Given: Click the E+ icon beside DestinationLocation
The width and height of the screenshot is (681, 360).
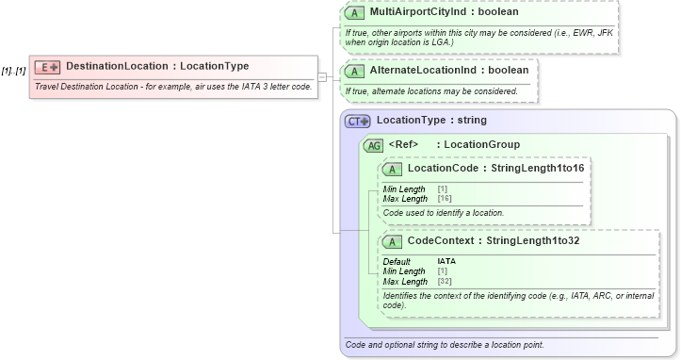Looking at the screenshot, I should pyautogui.click(x=47, y=67).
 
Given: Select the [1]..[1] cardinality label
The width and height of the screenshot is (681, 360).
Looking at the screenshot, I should pyautogui.click(x=14, y=71).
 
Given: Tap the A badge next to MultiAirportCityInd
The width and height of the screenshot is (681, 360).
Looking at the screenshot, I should pyautogui.click(x=354, y=13).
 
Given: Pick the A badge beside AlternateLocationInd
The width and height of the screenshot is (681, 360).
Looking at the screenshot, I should pyautogui.click(x=354, y=71).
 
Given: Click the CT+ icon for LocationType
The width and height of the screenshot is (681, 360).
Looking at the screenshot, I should pyautogui.click(x=358, y=122).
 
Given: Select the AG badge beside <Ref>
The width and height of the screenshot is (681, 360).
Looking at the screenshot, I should pyautogui.click(x=374, y=145).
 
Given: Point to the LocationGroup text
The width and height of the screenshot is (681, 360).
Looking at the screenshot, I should pyautogui.click(x=481, y=145).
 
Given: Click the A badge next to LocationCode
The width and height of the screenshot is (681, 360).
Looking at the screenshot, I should pyautogui.click(x=393, y=168).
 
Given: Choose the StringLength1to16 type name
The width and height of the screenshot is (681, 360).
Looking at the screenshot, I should pyautogui.click(x=539, y=168).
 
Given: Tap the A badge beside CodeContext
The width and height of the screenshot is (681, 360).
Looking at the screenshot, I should pyautogui.click(x=393, y=241).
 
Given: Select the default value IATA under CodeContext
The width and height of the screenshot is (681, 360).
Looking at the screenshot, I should pyautogui.click(x=446, y=261).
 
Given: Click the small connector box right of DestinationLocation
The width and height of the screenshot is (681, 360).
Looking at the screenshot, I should pyautogui.click(x=322, y=75).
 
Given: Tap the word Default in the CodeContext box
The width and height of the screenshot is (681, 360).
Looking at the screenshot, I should pyautogui.click(x=397, y=261).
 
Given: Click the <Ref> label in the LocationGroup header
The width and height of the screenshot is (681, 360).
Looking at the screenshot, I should pyautogui.click(x=402, y=145).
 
